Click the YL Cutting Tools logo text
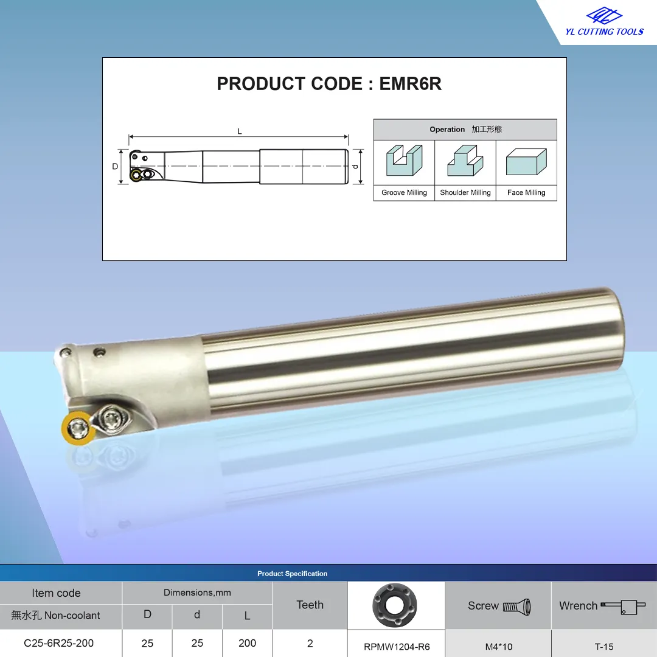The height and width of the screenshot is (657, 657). tap(604, 32)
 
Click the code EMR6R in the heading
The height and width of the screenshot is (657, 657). tap(410, 84)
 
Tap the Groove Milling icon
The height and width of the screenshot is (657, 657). tap(404, 160)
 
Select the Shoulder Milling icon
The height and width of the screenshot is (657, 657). tap(465, 160)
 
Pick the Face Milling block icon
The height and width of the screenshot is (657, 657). tap(526, 161)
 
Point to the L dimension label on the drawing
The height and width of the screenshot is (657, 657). tap(240, 131)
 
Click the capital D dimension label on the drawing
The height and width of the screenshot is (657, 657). tap(115, 166)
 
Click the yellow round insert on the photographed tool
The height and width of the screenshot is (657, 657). tap(78, 428)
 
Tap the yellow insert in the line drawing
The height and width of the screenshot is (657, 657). tap(136, 175)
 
